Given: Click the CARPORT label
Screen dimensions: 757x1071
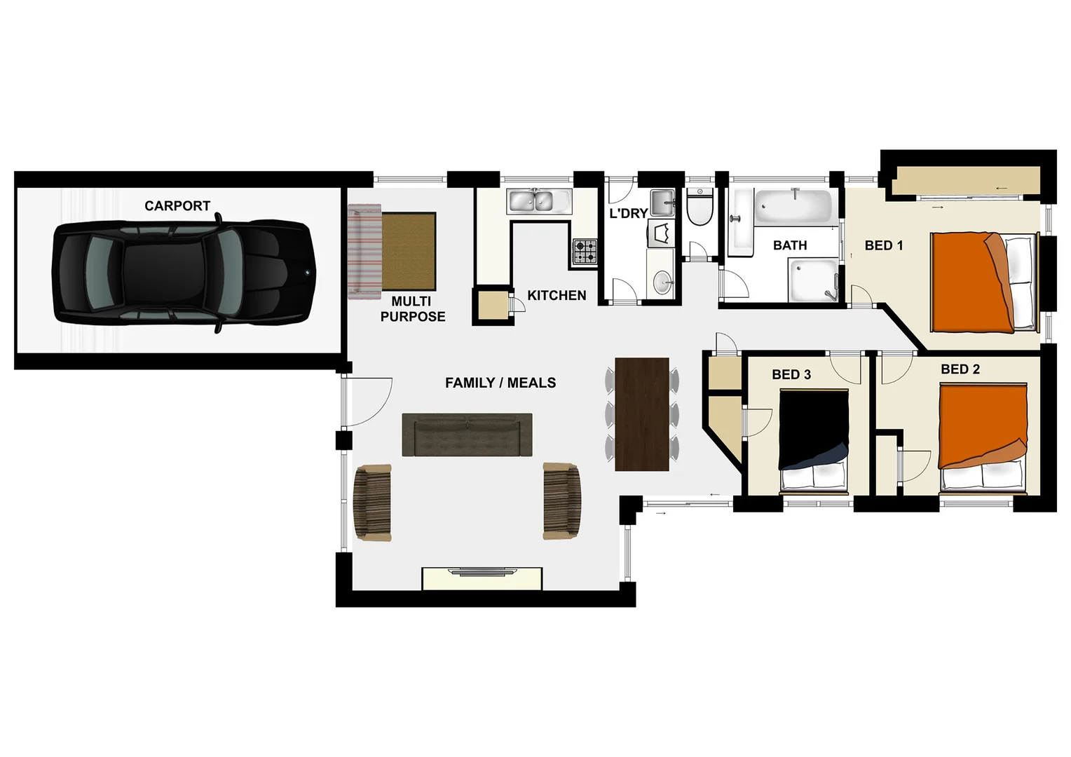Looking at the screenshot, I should [x=177, y=205].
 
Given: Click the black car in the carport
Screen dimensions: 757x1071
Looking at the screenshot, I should [x=182, y=273].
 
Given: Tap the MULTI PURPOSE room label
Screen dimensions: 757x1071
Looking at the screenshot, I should [x=412, y=309].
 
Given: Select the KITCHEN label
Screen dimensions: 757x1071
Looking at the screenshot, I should [x=557, y=295].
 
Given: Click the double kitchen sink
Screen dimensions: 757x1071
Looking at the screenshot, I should [x=531, y=201].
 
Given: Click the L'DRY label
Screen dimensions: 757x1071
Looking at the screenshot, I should [x=628, y=213].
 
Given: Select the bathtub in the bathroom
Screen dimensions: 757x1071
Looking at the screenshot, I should [x=792, y=205].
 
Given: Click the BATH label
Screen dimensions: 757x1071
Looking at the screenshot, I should [x=790, y=245].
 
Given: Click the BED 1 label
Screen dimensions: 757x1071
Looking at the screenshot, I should [x=883, y=245].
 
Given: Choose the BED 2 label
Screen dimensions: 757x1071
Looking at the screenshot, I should [x=960, y=369].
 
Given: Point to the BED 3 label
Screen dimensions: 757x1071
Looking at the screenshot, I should [x=791, y=375].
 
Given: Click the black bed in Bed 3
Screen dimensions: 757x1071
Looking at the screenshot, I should [x=814, y=438].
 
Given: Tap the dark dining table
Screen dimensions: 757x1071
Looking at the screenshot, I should [x=641, y=414].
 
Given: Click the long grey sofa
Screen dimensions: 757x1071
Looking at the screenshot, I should [x=467, y=435].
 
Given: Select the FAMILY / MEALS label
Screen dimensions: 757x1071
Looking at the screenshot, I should [x=500, y=383].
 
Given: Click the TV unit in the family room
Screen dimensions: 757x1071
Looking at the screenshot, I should [x=482, y=578].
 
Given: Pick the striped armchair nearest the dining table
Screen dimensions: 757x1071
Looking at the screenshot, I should [x=562, y=500].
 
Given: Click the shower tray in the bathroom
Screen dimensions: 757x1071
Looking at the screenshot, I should [x=813, y=280].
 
